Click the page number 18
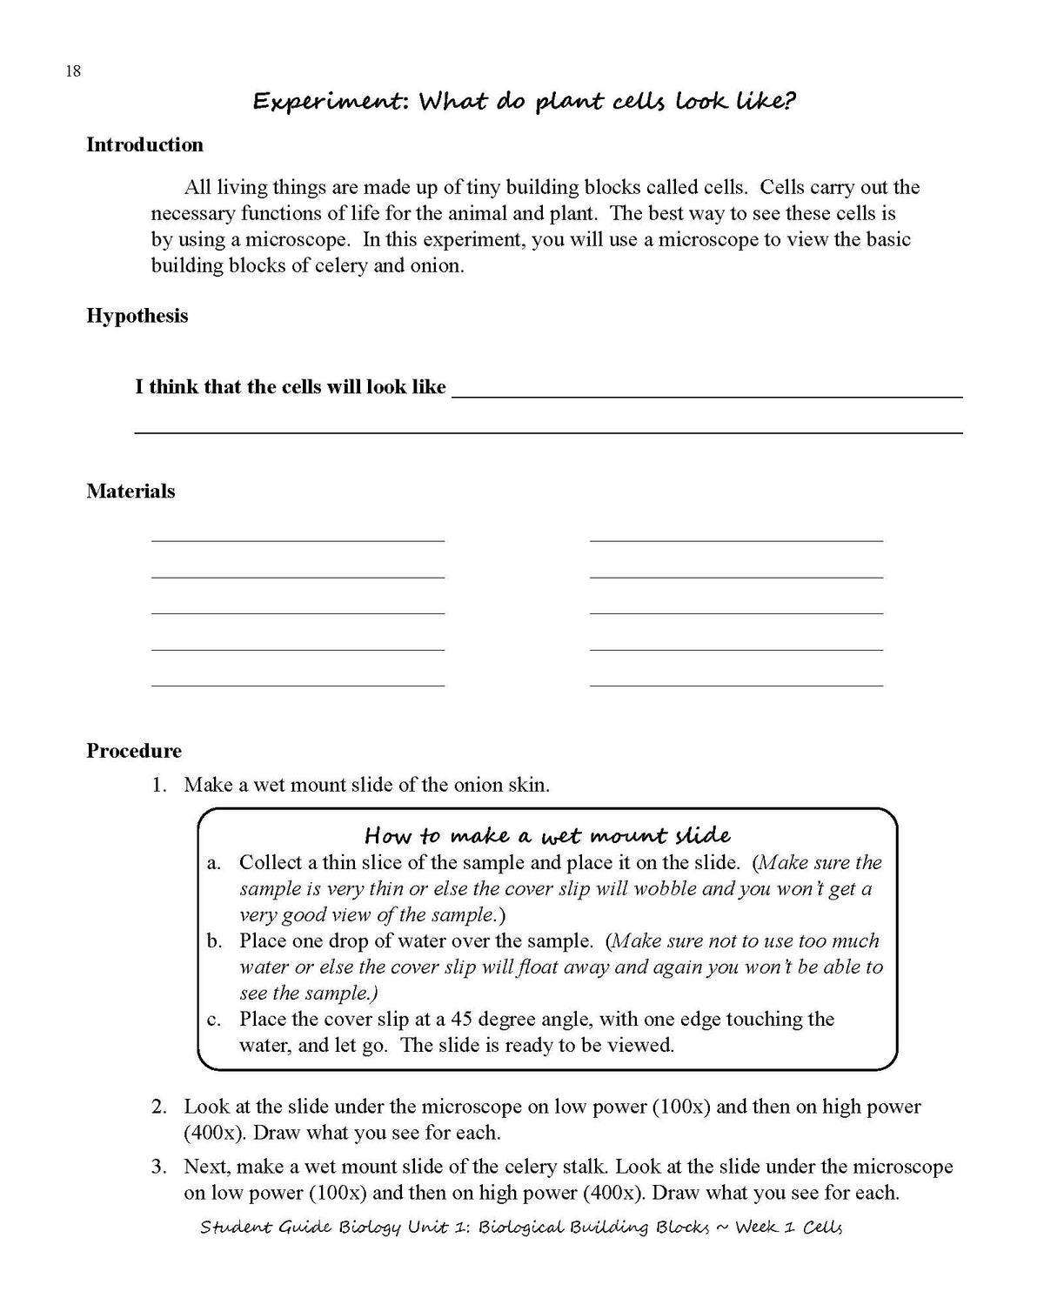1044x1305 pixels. pyautogui.click(x=73, y=71)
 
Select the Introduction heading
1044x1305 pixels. pyautogui.click(x=144, y=145)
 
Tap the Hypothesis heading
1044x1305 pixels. pyautogui.click(x=137, y=316)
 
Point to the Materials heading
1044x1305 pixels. pyautogui.click(x=130, y=492)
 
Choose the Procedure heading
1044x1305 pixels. pyautogui.click(x=134, y=751)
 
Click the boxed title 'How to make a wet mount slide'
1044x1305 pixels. pyautogui.click(x=547, y=836)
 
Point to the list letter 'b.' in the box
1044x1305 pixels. pyautogui.click(x=215, y=941)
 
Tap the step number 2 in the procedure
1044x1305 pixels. pyautogui.click(x=158, y=1108)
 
